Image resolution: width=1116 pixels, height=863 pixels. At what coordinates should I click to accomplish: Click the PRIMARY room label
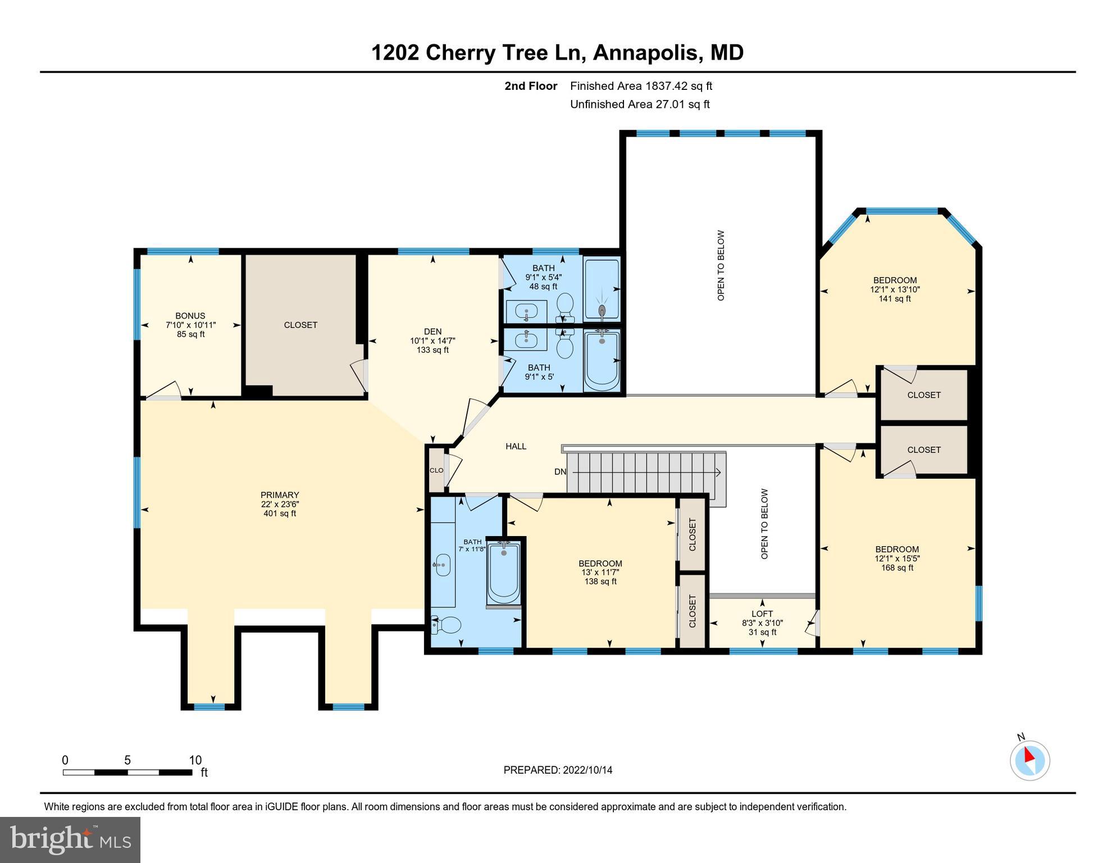click(280, 495)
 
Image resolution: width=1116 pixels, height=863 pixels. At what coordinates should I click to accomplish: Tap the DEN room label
click(432, 331)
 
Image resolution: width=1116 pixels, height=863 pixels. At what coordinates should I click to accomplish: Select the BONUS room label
click(190, 316)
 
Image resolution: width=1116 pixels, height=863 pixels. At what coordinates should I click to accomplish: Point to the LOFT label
click(762, 614)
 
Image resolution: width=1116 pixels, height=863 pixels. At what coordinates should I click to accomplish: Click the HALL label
click(516, 446)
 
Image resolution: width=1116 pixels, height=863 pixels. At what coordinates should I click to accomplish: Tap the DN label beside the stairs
click(560, 472)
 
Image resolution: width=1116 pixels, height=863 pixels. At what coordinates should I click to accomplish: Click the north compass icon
click(1030, 760)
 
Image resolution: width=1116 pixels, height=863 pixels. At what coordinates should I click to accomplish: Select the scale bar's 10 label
click(195, 760)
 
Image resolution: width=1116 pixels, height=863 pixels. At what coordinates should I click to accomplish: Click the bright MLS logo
click(70, 839)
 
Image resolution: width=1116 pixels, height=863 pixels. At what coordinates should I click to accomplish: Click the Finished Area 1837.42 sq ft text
click(641, 86)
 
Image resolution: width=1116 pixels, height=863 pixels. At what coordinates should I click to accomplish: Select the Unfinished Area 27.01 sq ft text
click(640, 104)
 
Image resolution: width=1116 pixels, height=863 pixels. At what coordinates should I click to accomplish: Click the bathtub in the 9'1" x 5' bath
click(602, 361)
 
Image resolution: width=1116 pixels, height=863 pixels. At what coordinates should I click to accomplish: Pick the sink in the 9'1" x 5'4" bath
click(526, 310)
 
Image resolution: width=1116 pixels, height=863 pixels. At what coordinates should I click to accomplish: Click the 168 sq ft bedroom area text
click(897, 567)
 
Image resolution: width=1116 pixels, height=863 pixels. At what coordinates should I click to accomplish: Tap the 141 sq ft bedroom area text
click(895, 298)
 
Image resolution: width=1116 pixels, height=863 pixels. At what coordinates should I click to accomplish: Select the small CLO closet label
click(436, 470)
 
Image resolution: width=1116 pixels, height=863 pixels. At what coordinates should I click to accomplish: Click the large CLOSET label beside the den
click(300, 325)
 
